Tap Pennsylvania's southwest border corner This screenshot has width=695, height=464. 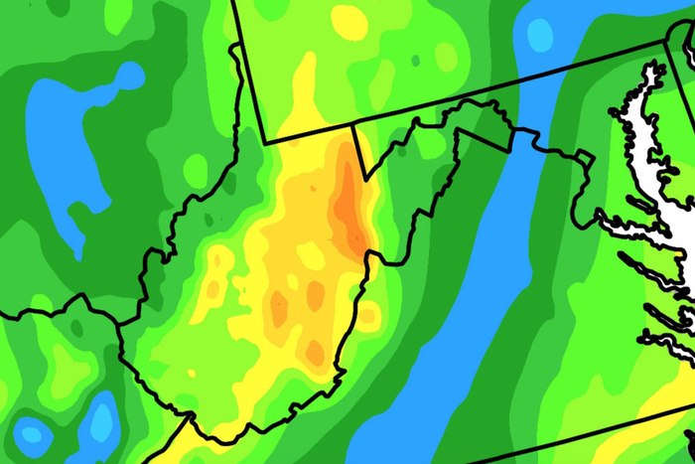(267, 141)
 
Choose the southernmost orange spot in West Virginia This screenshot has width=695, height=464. (315, 351)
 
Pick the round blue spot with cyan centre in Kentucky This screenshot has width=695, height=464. (32, 434)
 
